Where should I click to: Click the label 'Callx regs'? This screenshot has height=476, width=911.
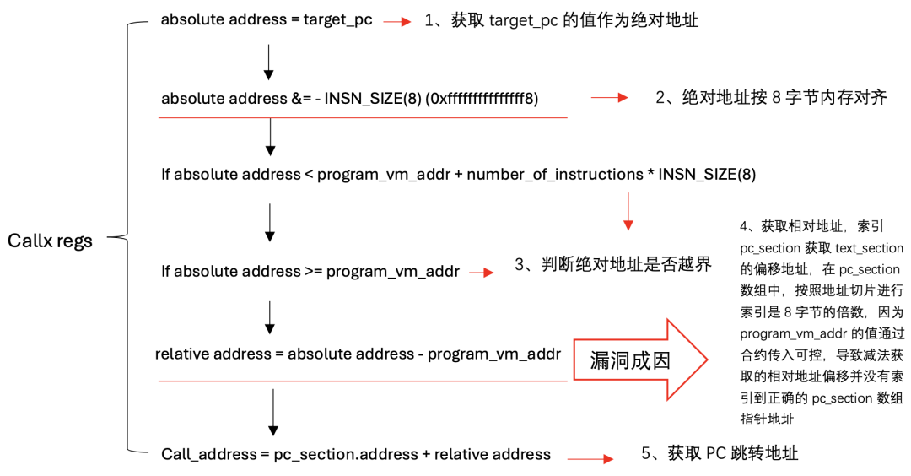[50, 241]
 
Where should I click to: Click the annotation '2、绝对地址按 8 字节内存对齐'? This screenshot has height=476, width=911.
[771, 97]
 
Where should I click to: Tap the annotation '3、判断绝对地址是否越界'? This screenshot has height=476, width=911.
[613, 265]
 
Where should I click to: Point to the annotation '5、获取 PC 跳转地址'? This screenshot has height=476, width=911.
[720, 453]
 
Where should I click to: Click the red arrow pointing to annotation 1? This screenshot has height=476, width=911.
[396, 22]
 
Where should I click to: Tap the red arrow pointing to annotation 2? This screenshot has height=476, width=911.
[609, 98]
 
